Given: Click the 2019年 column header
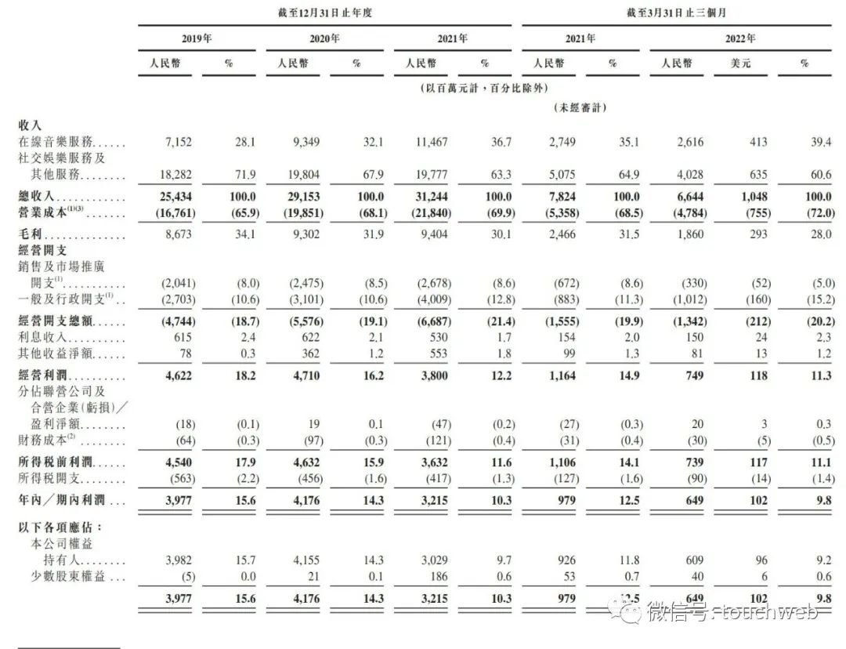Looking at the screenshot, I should (196, 38).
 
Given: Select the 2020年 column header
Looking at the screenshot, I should (324, 38).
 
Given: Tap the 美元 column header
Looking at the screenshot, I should (739, 63).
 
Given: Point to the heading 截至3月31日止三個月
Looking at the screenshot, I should (680, 13).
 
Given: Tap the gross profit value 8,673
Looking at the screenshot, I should (175, 234).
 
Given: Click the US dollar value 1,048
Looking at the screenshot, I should (752, 196).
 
